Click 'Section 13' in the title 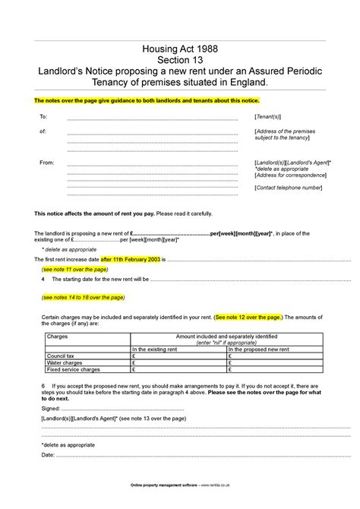click(180, 59)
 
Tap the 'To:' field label click(43, 118)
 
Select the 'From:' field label click(46, 163)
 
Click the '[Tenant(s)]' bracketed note click(267, 118)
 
